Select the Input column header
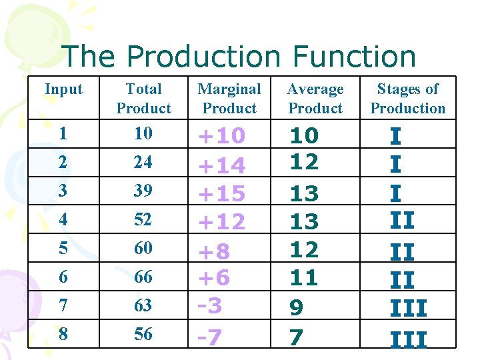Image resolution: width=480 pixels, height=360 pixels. [63, 89]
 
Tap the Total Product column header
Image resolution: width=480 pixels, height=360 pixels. [143, 98]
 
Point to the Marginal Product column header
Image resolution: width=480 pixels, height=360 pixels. [229, 98]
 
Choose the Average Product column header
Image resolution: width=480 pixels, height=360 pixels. [315, 98]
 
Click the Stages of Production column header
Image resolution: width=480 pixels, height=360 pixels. [408, 98]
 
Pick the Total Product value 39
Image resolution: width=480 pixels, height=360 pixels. [143, 191]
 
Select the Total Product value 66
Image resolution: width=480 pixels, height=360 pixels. [143, 277]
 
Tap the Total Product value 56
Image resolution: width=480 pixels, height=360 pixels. [143, 334]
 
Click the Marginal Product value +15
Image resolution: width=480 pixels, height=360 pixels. [223, 194]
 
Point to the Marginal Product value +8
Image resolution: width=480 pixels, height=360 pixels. [215, 251]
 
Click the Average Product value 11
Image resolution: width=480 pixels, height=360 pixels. [304, 277]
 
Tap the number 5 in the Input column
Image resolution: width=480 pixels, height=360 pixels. [63, 248]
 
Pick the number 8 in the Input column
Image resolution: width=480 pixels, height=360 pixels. [63, 334]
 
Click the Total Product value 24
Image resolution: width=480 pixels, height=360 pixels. [143, 162]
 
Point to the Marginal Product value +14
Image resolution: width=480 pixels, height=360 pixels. [223, 165]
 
